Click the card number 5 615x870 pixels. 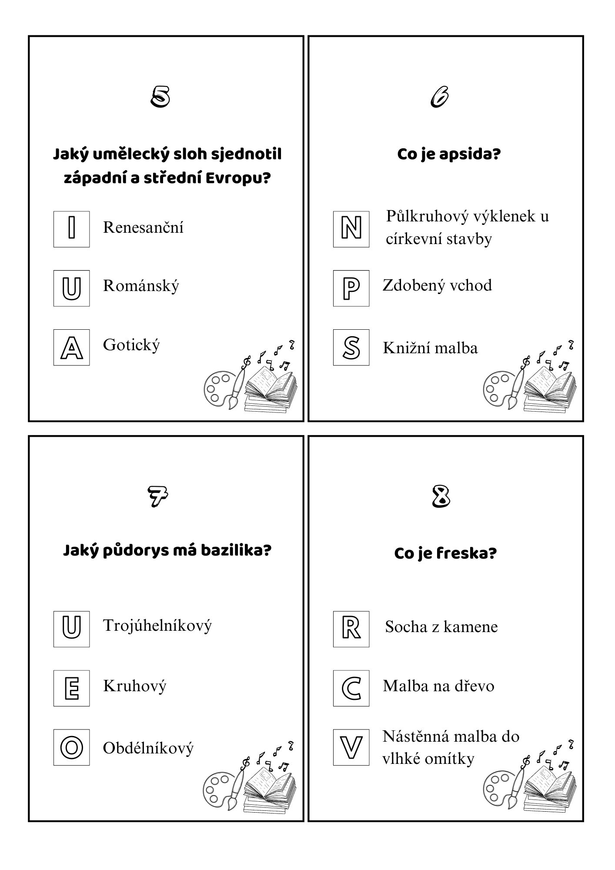[160, 97]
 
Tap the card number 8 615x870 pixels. [441, 496]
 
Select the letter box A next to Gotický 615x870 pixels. [72, 347]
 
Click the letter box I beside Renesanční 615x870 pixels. [72, 229]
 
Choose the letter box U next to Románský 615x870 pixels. [72, 288]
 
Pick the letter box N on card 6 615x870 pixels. [351, 229]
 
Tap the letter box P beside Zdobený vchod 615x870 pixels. [351, 288]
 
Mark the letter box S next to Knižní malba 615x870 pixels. [351, 347]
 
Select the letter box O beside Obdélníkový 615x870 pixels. [72, 747]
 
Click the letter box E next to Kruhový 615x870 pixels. [72, 688]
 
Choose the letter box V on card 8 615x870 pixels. [351, 747]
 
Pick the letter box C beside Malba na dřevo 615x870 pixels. [351, 688]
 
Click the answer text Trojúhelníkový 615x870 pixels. [157, 626]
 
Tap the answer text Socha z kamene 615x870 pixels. [441, 627]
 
